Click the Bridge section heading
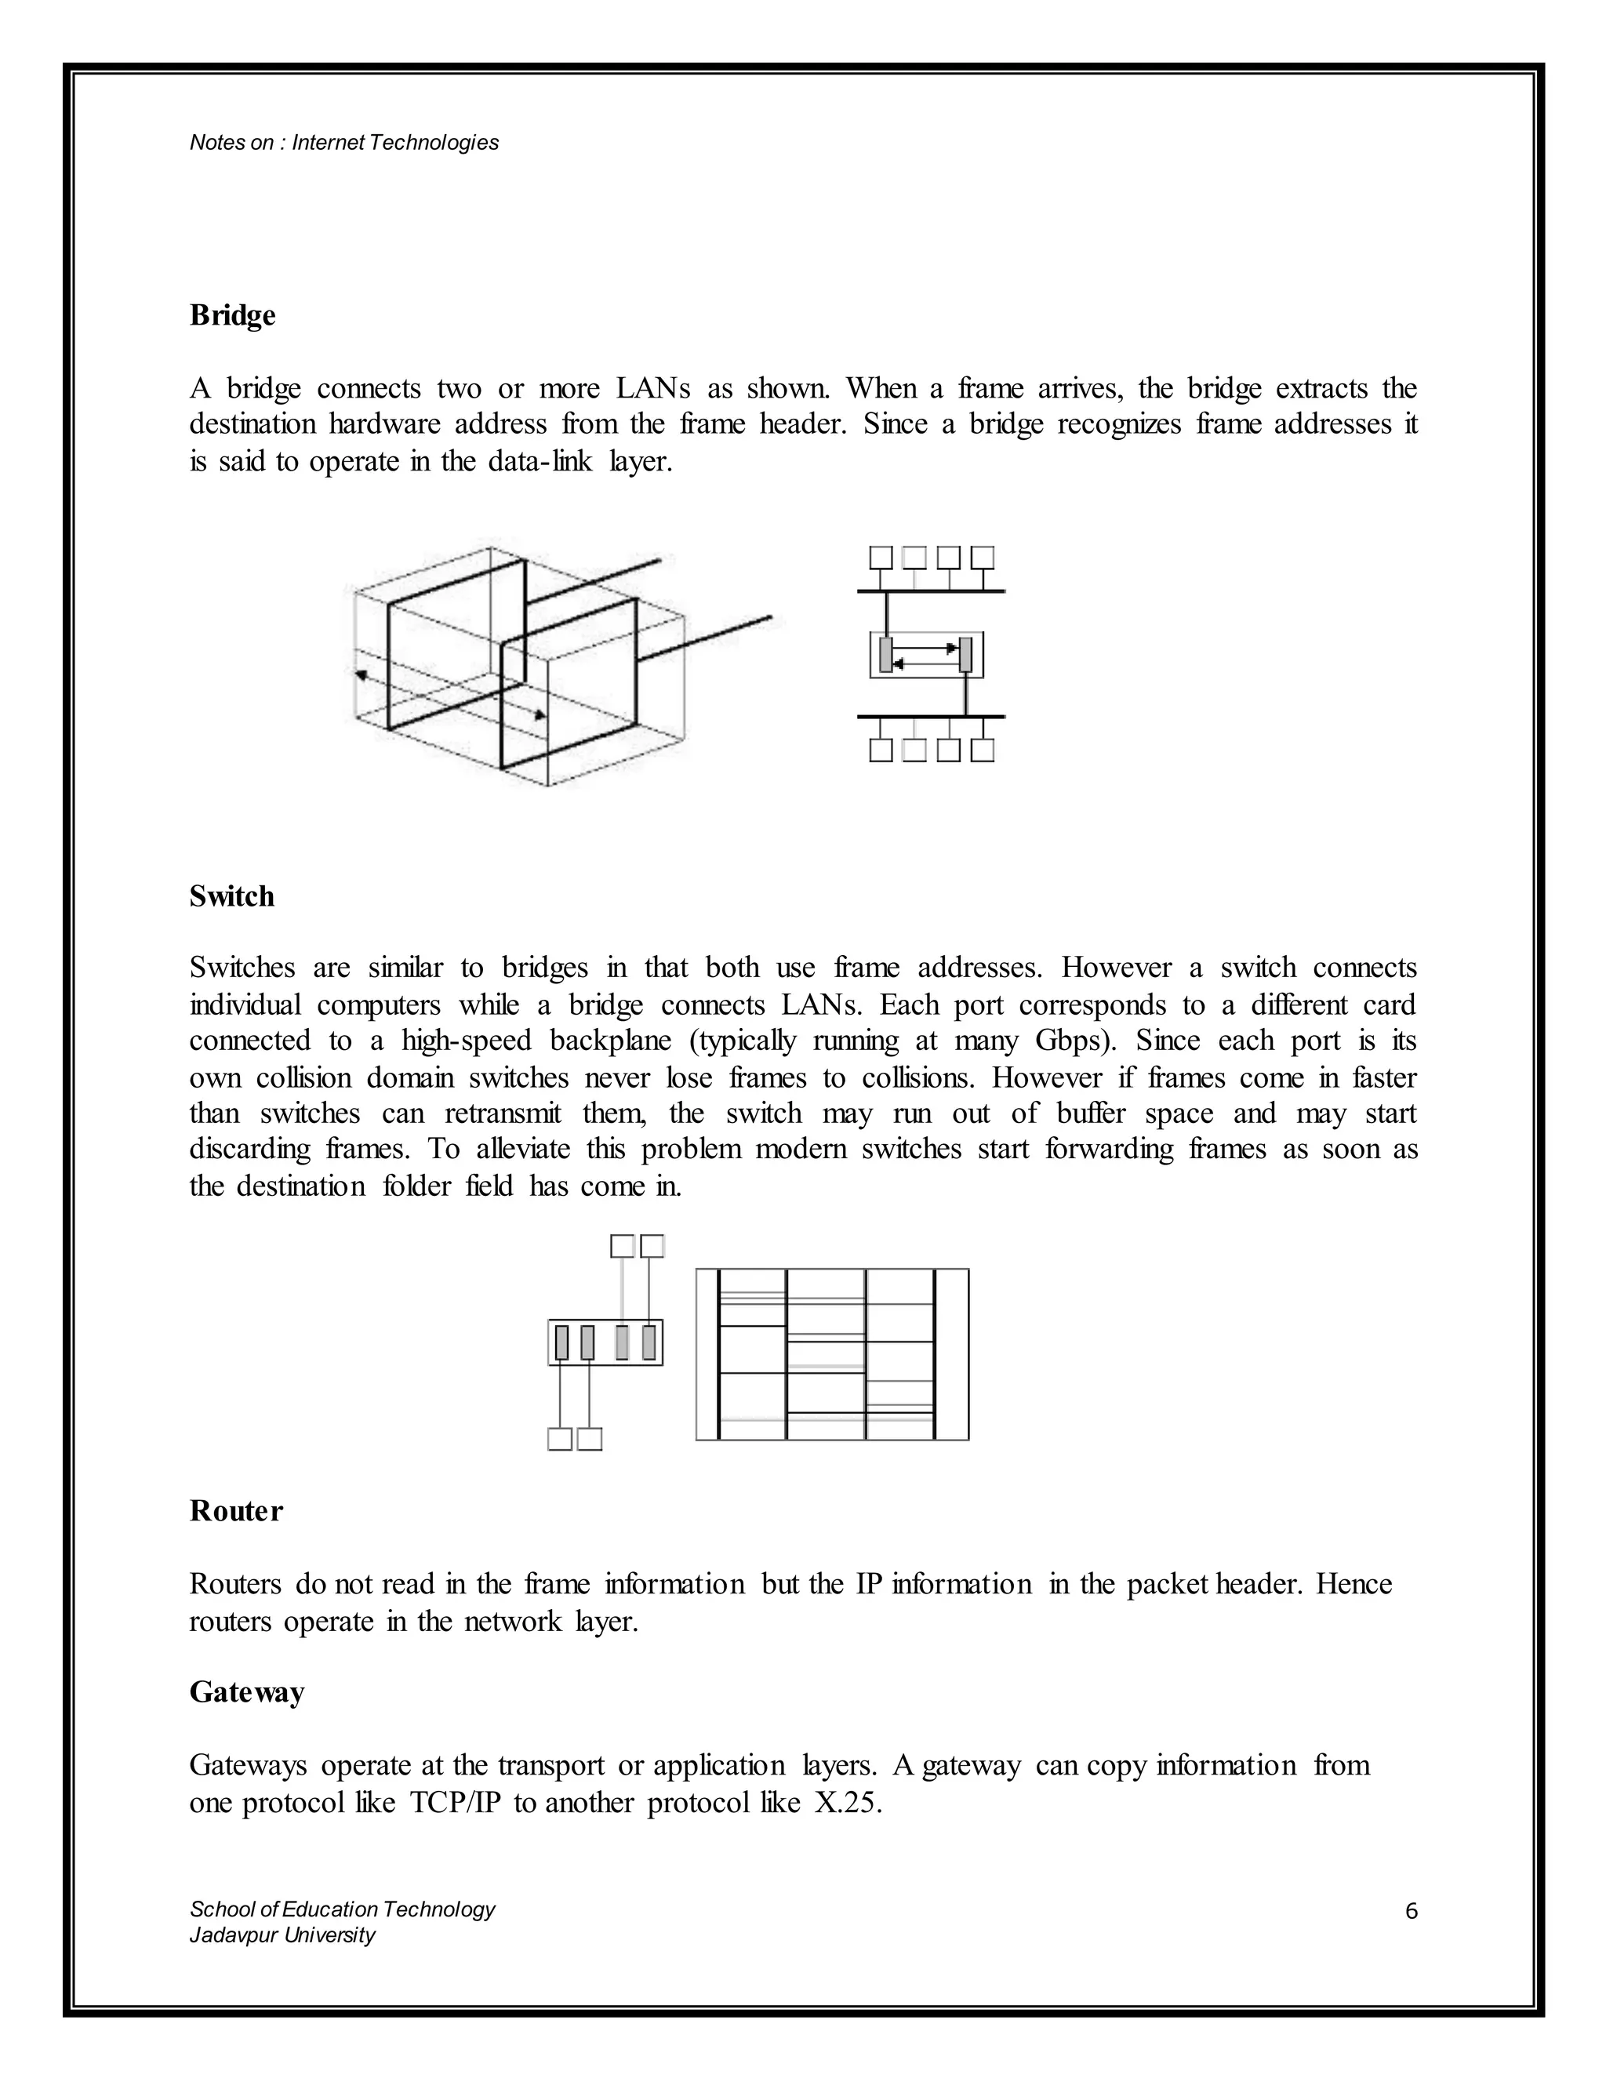point(232,315)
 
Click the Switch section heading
point(231,896)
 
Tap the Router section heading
point(236,1511)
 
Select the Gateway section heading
point(246,1691)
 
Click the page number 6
point(1411,1910)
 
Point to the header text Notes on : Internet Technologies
point(343,143)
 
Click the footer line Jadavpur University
point(282,1935)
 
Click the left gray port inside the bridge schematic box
point(886,655)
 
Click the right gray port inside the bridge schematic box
point(965,655)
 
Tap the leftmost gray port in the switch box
point(561,1342)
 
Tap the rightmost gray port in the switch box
point(649,1342)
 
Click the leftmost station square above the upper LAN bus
point(881,557)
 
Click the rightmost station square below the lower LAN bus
point(983,750)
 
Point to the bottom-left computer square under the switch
point(559,1440)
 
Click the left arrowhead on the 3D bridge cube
point(361,674)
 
